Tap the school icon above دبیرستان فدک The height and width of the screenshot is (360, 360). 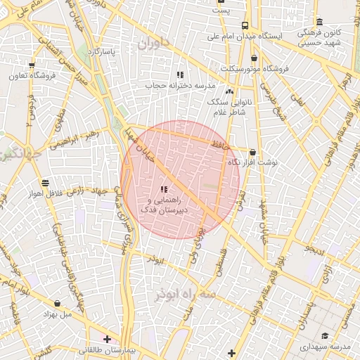pos(164,189)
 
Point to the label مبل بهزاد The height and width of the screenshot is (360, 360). pos(57,314)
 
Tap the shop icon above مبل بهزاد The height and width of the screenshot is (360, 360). pos(57,303)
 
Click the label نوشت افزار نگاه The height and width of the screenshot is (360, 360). pos(252,162)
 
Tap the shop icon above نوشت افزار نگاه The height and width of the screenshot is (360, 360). pos(252,152)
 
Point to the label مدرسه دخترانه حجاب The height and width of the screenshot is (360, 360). pos(179,84)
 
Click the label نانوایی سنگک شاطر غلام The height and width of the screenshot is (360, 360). pos(229,105)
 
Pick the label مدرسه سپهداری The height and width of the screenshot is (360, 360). pos(325,347)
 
